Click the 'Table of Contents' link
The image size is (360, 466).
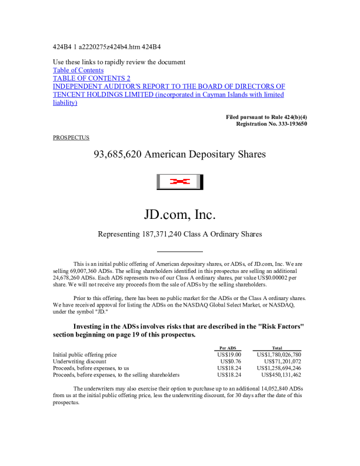click(78, 70)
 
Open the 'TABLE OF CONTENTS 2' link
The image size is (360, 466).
click(91, 78)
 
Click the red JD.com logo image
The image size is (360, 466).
click(179, 182)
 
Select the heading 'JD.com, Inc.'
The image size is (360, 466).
click(179, 212)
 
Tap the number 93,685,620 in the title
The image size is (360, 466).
click(118, 155)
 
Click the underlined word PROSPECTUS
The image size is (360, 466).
click(71, 138)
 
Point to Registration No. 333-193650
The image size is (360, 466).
click(271, 124)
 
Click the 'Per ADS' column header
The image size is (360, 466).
click(227, 348)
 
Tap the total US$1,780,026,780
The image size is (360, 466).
click(279, 355)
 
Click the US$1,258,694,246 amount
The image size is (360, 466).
click(279, 368)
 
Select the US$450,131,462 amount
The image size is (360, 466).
click(281, 374)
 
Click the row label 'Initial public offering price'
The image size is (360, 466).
click(85, 355)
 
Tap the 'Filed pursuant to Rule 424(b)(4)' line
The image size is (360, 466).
click(266, 118)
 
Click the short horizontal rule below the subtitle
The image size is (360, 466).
click(179, 251)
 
